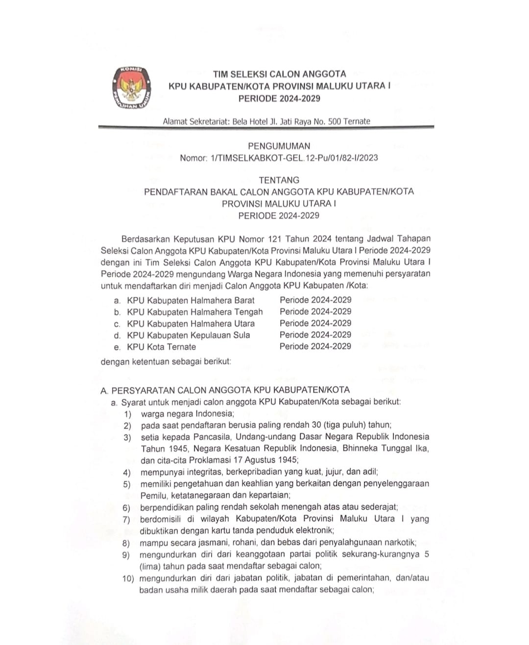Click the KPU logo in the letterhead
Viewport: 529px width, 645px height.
(130, 87)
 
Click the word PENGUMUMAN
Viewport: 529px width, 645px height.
(279, 146)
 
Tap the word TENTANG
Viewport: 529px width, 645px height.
(279, 180)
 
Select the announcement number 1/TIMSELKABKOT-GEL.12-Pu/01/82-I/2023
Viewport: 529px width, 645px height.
(293, 158)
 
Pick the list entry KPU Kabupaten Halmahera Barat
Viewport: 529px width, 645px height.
(191, 300)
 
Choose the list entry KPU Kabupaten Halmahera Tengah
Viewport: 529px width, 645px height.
(194, 312)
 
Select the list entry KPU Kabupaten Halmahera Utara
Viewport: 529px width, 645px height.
(191, 324)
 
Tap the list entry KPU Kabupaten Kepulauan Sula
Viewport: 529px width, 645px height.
(188, 335)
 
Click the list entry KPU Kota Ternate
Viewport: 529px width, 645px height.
(161, 347)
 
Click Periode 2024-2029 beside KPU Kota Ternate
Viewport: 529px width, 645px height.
(315, 346)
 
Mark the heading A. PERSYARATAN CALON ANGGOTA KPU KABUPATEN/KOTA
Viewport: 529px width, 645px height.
(225, 390)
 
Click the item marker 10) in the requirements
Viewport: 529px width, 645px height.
(128, 579)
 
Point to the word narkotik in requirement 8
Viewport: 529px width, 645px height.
(400, 543)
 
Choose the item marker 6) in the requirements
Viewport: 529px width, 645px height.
(126, 508)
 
